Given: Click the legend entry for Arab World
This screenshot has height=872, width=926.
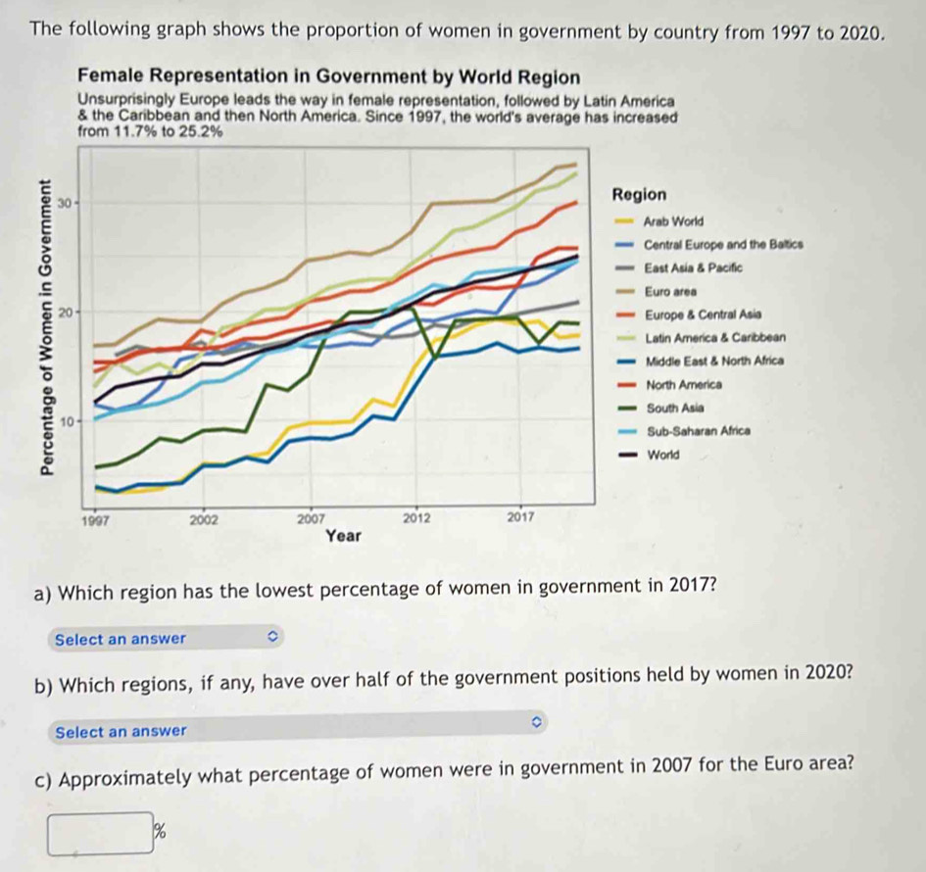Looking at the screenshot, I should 675,221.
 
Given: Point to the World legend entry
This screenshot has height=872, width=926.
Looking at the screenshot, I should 662,455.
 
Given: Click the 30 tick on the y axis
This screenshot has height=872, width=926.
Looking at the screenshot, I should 65,203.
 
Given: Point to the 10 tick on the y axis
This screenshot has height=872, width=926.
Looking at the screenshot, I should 65,421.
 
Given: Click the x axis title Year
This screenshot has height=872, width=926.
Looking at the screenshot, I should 344,536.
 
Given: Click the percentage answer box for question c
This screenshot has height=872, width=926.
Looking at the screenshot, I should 103,833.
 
